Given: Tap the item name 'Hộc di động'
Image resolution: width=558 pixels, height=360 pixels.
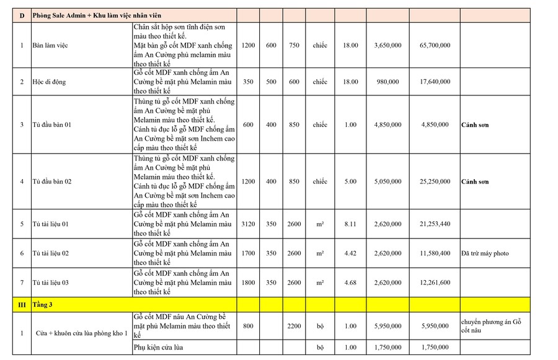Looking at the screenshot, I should [x=49, y=82].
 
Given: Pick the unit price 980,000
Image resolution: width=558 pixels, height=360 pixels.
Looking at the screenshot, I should [x=388, y=82].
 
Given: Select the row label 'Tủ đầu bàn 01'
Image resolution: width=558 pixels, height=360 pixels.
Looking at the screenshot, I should [x=52, y=125].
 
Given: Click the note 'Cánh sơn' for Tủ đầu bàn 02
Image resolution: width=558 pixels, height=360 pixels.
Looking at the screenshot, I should [x=475, y=182].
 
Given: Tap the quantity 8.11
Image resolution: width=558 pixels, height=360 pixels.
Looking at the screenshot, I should [x=350, y=224].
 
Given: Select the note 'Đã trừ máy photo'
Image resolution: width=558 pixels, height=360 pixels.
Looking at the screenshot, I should [x=485, y=253].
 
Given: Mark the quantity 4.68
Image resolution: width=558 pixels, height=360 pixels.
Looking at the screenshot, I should [x=350, y=283].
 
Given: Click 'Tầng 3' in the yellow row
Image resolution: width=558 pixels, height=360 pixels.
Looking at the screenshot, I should [x=43, y=304].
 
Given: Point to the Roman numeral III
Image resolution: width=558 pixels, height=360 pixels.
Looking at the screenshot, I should [x=22, y=304].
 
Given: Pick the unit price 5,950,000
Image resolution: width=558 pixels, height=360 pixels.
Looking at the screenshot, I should [x=388, y=326].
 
